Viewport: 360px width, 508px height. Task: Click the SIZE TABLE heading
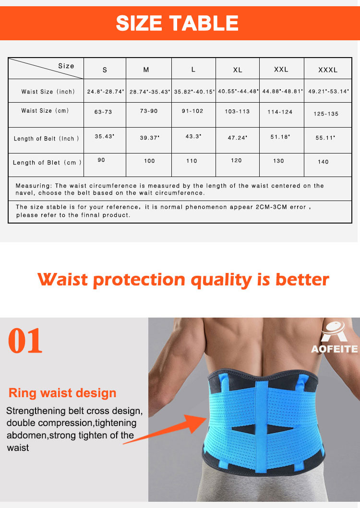177,23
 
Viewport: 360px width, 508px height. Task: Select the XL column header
238,70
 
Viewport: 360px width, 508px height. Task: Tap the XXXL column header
328,70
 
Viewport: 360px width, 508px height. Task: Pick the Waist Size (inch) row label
48,92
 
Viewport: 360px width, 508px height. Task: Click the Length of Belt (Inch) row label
46,139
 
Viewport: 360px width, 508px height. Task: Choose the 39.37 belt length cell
149,138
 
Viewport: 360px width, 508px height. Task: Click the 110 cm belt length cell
192,161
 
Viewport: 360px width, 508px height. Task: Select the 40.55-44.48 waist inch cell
238,91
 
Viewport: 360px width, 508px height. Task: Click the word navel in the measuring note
25,193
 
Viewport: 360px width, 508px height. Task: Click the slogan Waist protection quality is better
183,279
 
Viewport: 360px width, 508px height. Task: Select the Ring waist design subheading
62,393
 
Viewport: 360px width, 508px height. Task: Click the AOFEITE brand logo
334,338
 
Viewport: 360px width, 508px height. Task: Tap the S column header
105,70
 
